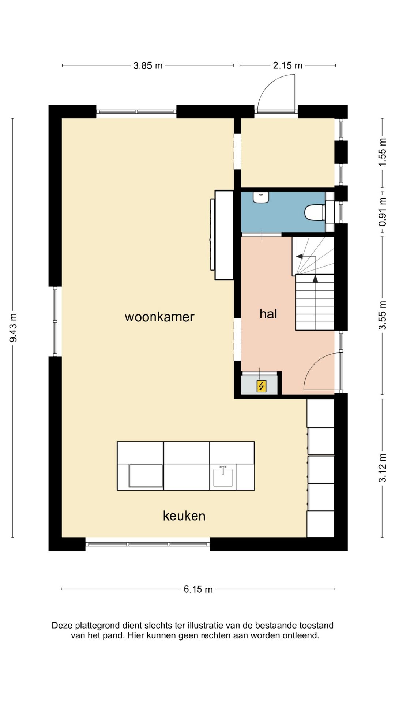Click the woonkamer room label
click(159, 317)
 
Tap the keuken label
click(184, 516)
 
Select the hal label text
click(268, 313)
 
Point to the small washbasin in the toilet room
click(261, 197)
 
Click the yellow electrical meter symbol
click(261, 386)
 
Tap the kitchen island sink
click(223, 476)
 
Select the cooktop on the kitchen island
click(146, 476)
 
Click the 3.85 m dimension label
click(148, 66)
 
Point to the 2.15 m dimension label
click(288, 65)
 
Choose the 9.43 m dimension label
click(13, 328)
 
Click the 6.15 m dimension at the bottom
click(198, 589)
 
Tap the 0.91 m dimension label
click(383, 212)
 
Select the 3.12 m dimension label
click(383, 468)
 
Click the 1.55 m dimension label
click(383, 152)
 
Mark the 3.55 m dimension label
click(383, 315)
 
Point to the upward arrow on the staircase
click(315, 279)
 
